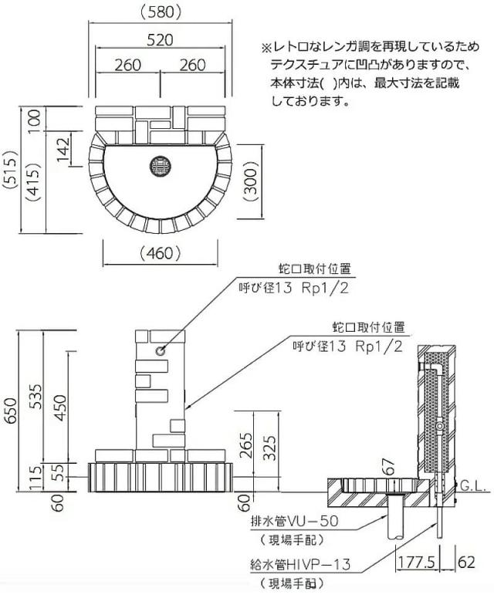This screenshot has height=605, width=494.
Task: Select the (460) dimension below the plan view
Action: (161, 252)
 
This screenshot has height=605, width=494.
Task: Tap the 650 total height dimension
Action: (10, 415)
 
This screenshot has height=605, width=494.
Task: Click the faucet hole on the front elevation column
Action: (161, 351)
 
